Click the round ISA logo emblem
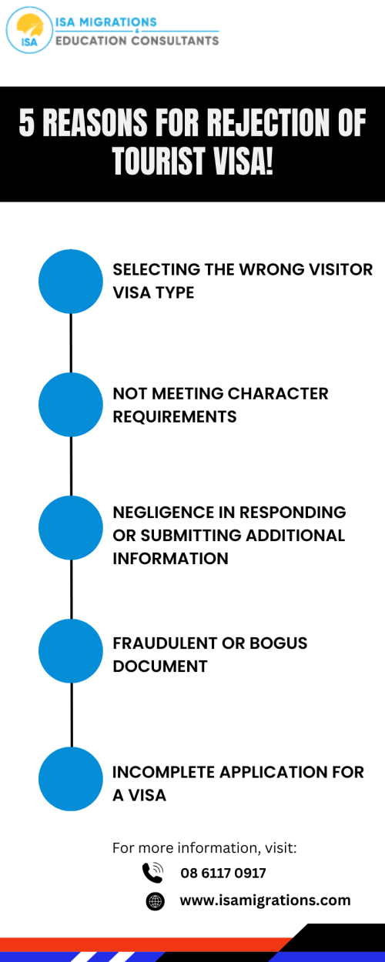tap(29, 30)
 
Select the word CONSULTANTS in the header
tap(175, 41)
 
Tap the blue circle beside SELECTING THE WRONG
tap(71, 282)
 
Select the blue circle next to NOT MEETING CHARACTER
tap(71, 405)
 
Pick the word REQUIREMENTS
tap(175, 416)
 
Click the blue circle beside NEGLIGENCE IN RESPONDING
tap(71, 528)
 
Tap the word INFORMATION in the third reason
tap(171, 559)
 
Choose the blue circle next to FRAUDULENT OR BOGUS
tap(71, 651)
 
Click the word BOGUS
tap(279, 643)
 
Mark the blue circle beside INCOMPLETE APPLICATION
tap(71, 779)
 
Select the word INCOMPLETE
tap(163, 772)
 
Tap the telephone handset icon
tap(153, 872)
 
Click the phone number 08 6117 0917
tap(223, 873)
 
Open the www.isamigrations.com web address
tap(265, 900)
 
